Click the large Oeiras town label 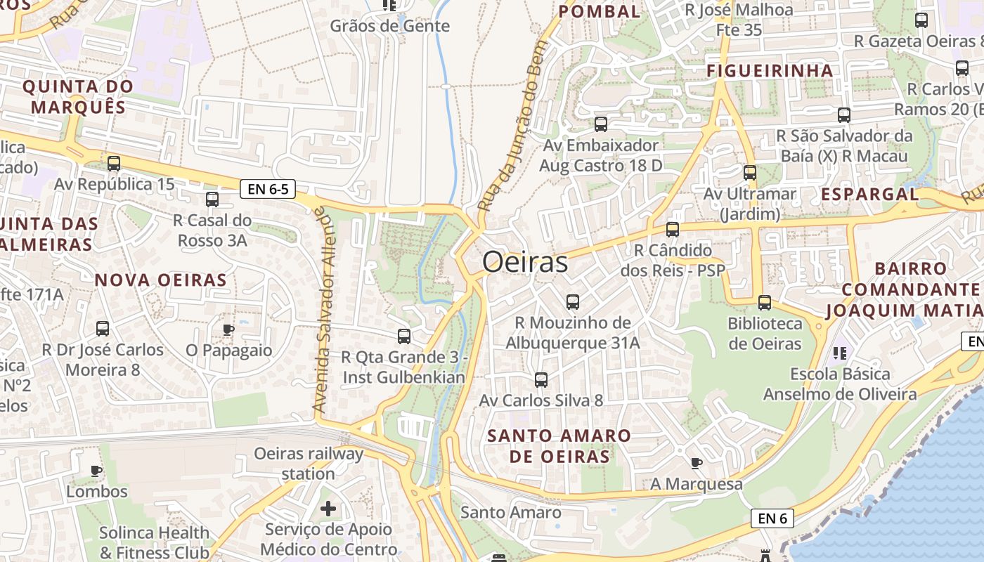(525, 263)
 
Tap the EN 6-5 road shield (267, 189)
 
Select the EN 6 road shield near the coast (772, 518)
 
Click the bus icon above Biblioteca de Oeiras (765, 303)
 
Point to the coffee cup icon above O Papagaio (228, 329)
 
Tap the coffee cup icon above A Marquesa (696, 463)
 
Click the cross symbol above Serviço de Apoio (328, 508)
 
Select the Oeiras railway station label (309, 464)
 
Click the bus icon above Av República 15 (114, 164)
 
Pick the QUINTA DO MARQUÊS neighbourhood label (78, 97)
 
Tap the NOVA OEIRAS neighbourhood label (161, 280)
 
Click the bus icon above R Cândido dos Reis (673, 230)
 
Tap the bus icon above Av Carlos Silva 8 (541, 380)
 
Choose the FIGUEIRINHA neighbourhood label (770, 71)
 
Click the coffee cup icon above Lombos (96, 471)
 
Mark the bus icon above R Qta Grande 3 (404, 336)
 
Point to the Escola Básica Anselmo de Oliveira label (840, 384)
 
